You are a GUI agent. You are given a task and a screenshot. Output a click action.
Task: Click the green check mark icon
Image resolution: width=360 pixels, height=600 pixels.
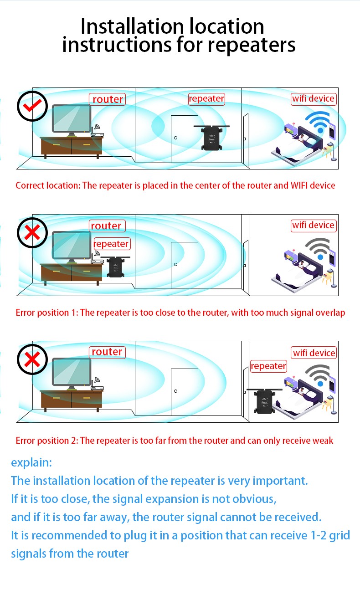coord(32,106)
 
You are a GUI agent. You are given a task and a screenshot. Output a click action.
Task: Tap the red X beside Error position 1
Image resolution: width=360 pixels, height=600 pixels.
coord(32,233)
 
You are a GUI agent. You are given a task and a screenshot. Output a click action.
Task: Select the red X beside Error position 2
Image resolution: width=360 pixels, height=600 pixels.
coord(32,359)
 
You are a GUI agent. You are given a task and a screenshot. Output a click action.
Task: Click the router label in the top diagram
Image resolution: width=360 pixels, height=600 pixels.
coord(108,99)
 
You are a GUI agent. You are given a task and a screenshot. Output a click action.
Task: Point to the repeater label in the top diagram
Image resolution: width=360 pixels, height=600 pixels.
coord(206,98)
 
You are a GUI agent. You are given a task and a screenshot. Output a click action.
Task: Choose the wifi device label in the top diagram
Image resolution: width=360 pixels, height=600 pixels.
coord(314,98)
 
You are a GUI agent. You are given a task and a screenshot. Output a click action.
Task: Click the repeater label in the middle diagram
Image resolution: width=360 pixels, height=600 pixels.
coord(112,244)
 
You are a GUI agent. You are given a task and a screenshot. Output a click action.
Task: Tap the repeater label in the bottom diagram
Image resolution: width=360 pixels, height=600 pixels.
coord(268,366)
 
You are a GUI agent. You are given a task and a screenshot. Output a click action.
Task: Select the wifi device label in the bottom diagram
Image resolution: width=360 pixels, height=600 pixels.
coord(314,353)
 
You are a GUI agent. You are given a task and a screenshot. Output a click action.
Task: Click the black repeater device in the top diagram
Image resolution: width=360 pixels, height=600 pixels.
coord(211,138)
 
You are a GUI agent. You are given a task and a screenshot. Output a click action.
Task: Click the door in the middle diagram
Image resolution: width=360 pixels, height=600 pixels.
coord(184,265)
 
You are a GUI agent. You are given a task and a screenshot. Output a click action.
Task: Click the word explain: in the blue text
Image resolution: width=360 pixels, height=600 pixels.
coord(31,462)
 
